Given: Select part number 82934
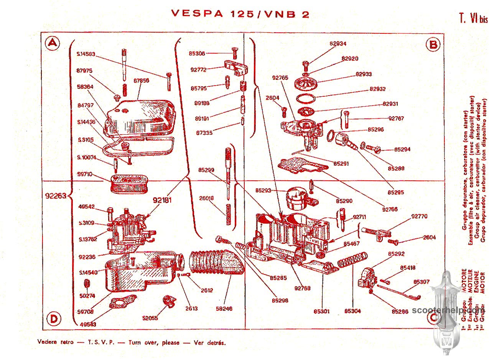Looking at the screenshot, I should click(x=338, y=44).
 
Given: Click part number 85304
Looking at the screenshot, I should click(x=352, y=311).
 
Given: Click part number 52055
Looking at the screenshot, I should click(x=150, y=318).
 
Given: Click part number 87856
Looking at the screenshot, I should click(x=141, y=81).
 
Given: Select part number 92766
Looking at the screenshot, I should click(x=390, y=209).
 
